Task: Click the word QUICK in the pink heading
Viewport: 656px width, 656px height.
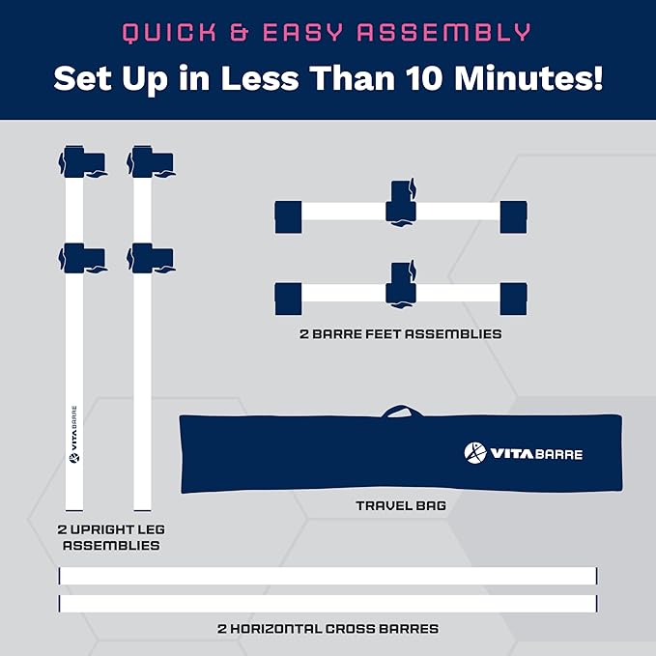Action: [x=169, y=33]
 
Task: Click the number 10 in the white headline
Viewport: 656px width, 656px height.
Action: [x=425, y=78]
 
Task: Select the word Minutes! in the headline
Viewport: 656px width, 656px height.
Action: [x=528, y=78]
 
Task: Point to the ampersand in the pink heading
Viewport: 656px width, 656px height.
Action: [x=240, y=32]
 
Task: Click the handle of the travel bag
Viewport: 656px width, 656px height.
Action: [x=401, y=411]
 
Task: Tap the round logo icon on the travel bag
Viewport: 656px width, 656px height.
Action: [x=475, y=453]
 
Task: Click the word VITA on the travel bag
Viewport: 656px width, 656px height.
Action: [x=512, y=453]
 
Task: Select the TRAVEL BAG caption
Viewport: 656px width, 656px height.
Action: [x=401, y=506]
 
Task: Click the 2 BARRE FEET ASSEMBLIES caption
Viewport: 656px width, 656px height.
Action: [x=401, y=334]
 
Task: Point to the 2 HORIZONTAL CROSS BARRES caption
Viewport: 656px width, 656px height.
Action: [x=328, y=628]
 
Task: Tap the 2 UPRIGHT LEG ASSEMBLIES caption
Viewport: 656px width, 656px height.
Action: [x=111, y=537]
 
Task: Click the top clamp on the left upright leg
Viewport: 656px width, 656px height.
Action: [x=82, y=162]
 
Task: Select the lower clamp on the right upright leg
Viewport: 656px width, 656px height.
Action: [x=151, y=259]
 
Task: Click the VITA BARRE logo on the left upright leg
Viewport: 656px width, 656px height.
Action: [x=74, y=434]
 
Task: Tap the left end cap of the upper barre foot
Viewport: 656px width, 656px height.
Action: [x=288, y=216]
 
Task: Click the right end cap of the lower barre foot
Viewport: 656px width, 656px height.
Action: [x=513, y=299]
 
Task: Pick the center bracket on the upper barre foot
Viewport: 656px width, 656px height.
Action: [x=401, y=203]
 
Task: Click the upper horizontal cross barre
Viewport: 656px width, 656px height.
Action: [x=328, y=576]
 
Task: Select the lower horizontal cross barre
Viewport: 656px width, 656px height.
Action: [x=328, y=604]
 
